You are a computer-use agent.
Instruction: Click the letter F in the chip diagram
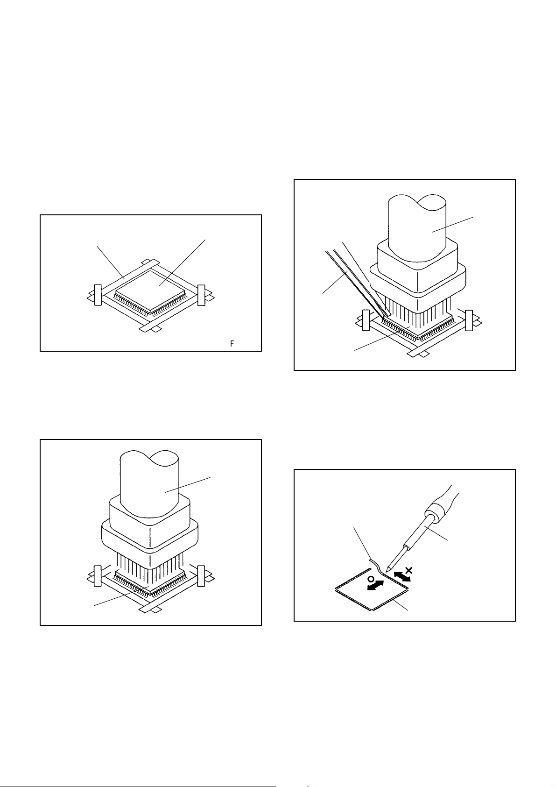pyautogui.click(x=232, y=344)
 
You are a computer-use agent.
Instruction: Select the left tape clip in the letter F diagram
pyautogui.click(x=98, y=295)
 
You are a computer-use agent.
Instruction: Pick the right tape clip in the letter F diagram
pyautogui.click(x=201, y=295)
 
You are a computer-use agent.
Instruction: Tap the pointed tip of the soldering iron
pyautogui.click(x=387, y=571)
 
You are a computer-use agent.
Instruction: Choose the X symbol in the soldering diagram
pyautogui.click(x=409, y=570)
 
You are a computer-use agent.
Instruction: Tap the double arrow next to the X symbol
pyautogui.click(x=402, y=577)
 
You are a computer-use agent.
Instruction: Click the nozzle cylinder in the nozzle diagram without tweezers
pyautogui.click(x=149, y=487)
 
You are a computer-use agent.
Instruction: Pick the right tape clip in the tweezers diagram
pyautogui.click(x=469, y=320)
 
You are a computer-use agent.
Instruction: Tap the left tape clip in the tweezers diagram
pyautogui.click(x=366, y=320)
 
